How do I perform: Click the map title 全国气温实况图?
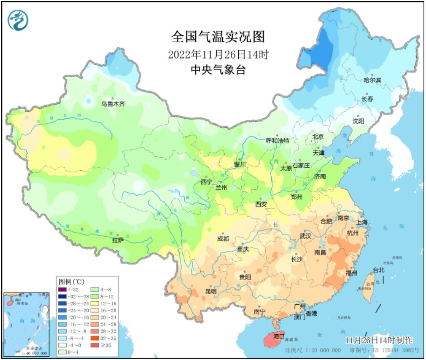coord(218,38)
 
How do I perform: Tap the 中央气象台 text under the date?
coord(218,70)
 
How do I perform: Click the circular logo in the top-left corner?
coord(18,20)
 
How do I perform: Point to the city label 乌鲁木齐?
coord(113,103)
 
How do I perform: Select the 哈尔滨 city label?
coord(372,80)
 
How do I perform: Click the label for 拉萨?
coord(118,240)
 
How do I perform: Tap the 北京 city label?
coord(318,137)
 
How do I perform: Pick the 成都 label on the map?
coord(223,239)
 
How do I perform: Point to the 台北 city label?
coord(378,270)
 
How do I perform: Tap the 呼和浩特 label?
coord(278,140)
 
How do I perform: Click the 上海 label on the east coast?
coord(362,222)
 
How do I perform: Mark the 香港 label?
coord(311,313)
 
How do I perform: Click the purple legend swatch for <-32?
coord(62,289)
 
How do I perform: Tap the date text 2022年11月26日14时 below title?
coord(218,55)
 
